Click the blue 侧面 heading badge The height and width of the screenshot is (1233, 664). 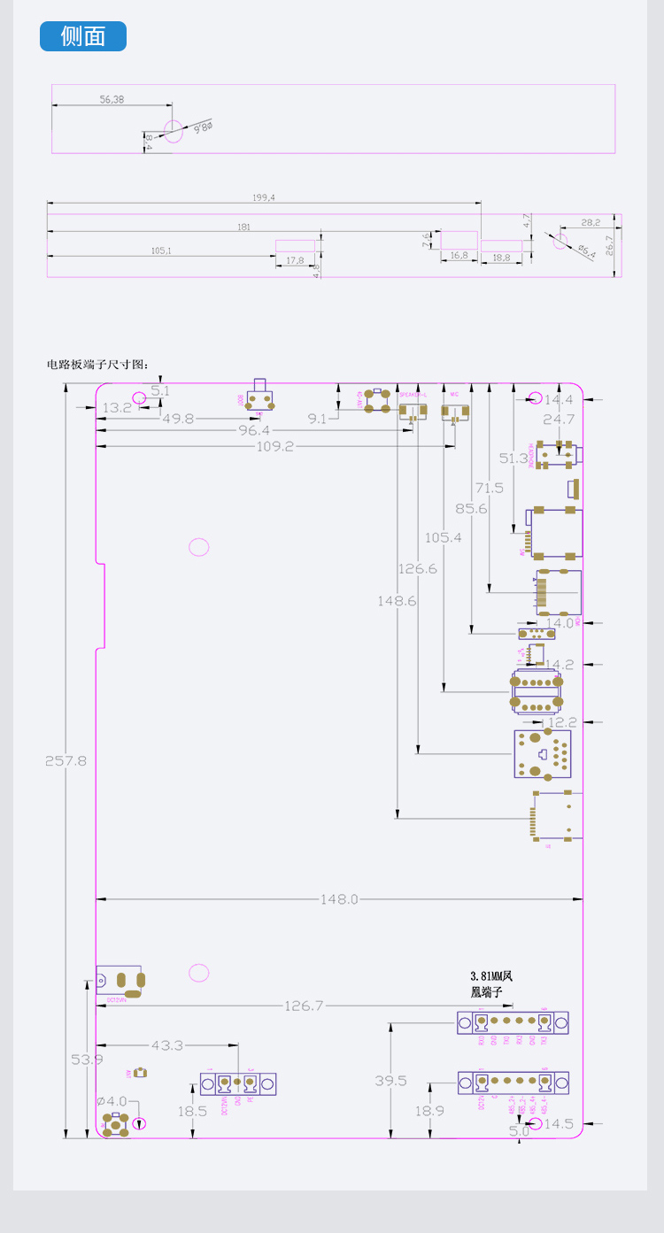83,36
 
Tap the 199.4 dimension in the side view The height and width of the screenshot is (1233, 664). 264,198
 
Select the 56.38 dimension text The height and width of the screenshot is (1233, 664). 112,100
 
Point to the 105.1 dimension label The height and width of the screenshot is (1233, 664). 161,250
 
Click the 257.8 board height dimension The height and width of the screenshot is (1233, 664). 66,760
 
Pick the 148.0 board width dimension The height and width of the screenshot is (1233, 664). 339,899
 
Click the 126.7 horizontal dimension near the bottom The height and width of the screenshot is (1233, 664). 304,1006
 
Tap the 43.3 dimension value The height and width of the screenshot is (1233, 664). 166,1045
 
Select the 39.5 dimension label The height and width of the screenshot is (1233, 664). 390,1081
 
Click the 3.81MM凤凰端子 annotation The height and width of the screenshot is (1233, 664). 491,984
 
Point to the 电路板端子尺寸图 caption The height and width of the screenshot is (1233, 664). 98,364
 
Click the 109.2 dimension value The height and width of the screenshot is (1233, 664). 274,447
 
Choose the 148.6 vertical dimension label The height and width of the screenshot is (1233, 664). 397,601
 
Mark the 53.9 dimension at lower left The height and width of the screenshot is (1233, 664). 87,1060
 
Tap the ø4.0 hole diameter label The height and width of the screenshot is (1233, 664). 112,1101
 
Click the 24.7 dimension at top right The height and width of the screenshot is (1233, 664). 559,419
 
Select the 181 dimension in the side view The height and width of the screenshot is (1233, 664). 243,227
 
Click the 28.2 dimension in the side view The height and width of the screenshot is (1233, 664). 591,222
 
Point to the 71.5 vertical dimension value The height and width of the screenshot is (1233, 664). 489,488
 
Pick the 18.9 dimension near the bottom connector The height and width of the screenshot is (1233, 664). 429,1111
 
